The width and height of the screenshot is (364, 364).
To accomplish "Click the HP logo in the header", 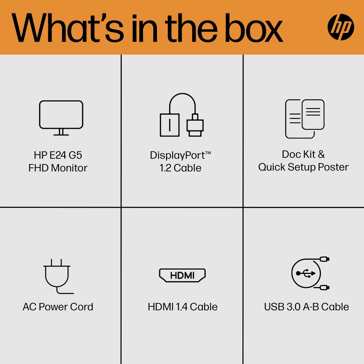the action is click(x=341, y=27).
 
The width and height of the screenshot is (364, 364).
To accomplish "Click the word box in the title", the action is click(x=254, y=28).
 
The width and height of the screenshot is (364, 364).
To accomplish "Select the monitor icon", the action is click(x=61, y=118).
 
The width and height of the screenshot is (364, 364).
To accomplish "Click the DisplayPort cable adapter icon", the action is click(x=182, y=115).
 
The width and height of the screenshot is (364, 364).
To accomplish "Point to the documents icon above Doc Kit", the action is click(x=305, y=119).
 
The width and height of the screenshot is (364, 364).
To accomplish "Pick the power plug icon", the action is click(x=58, y=276).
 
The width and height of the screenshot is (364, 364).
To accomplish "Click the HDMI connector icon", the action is click(x=182, y=275).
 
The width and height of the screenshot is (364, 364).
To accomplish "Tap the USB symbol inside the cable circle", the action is click(x=306, y=273).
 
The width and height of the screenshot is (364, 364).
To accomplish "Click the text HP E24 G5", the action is click(x=58, y=155).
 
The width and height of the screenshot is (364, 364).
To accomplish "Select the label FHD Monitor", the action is click(x=58, y=168).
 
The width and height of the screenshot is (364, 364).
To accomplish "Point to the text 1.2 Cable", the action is click(x=180, y=168).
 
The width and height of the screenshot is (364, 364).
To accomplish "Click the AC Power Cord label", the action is click(x=58, y=307).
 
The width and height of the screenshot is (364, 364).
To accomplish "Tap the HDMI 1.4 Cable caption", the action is click(x=183, y=307).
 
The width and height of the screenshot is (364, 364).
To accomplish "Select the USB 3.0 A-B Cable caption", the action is click(x=306, y=307).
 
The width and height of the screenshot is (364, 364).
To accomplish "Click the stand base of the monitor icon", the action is click(x=61, y=135).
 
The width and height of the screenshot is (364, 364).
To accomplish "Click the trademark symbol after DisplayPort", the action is click(x=208, y=153).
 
